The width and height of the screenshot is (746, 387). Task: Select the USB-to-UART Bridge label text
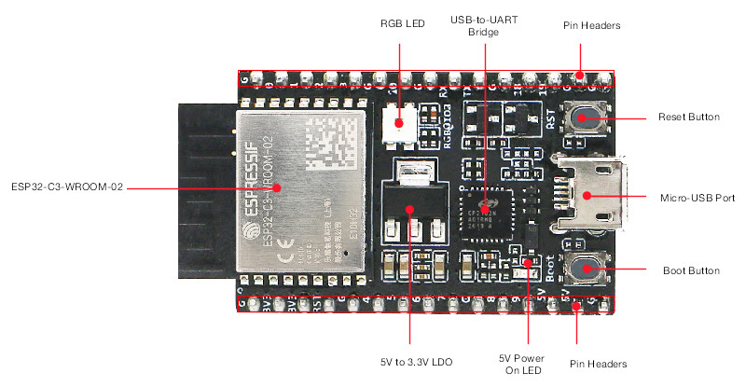485,25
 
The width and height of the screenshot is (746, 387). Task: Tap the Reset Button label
688,117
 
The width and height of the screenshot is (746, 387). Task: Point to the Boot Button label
690,270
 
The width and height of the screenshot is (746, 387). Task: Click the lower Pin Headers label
597,363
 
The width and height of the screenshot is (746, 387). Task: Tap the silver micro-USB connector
587,195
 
